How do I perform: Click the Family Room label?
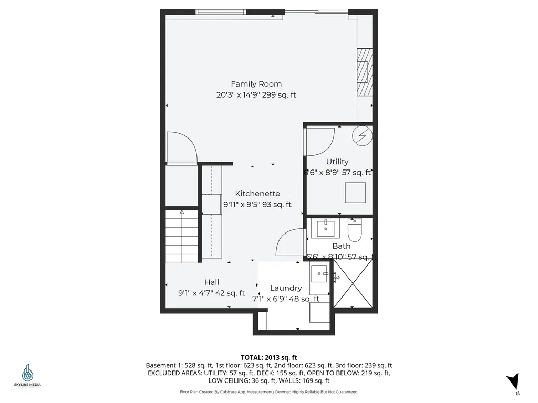[256, 84]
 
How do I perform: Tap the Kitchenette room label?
[257, 193]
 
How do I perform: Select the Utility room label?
[337, 162]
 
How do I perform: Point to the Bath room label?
[341, 246]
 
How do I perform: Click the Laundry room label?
[285, 288]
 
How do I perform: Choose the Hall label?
[211, 282]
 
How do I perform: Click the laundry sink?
[320, 273]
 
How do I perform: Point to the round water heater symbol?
[362, 136]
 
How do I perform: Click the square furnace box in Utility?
[356, 192]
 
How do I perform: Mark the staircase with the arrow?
[182, 233]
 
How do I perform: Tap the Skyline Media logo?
[27, 375]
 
